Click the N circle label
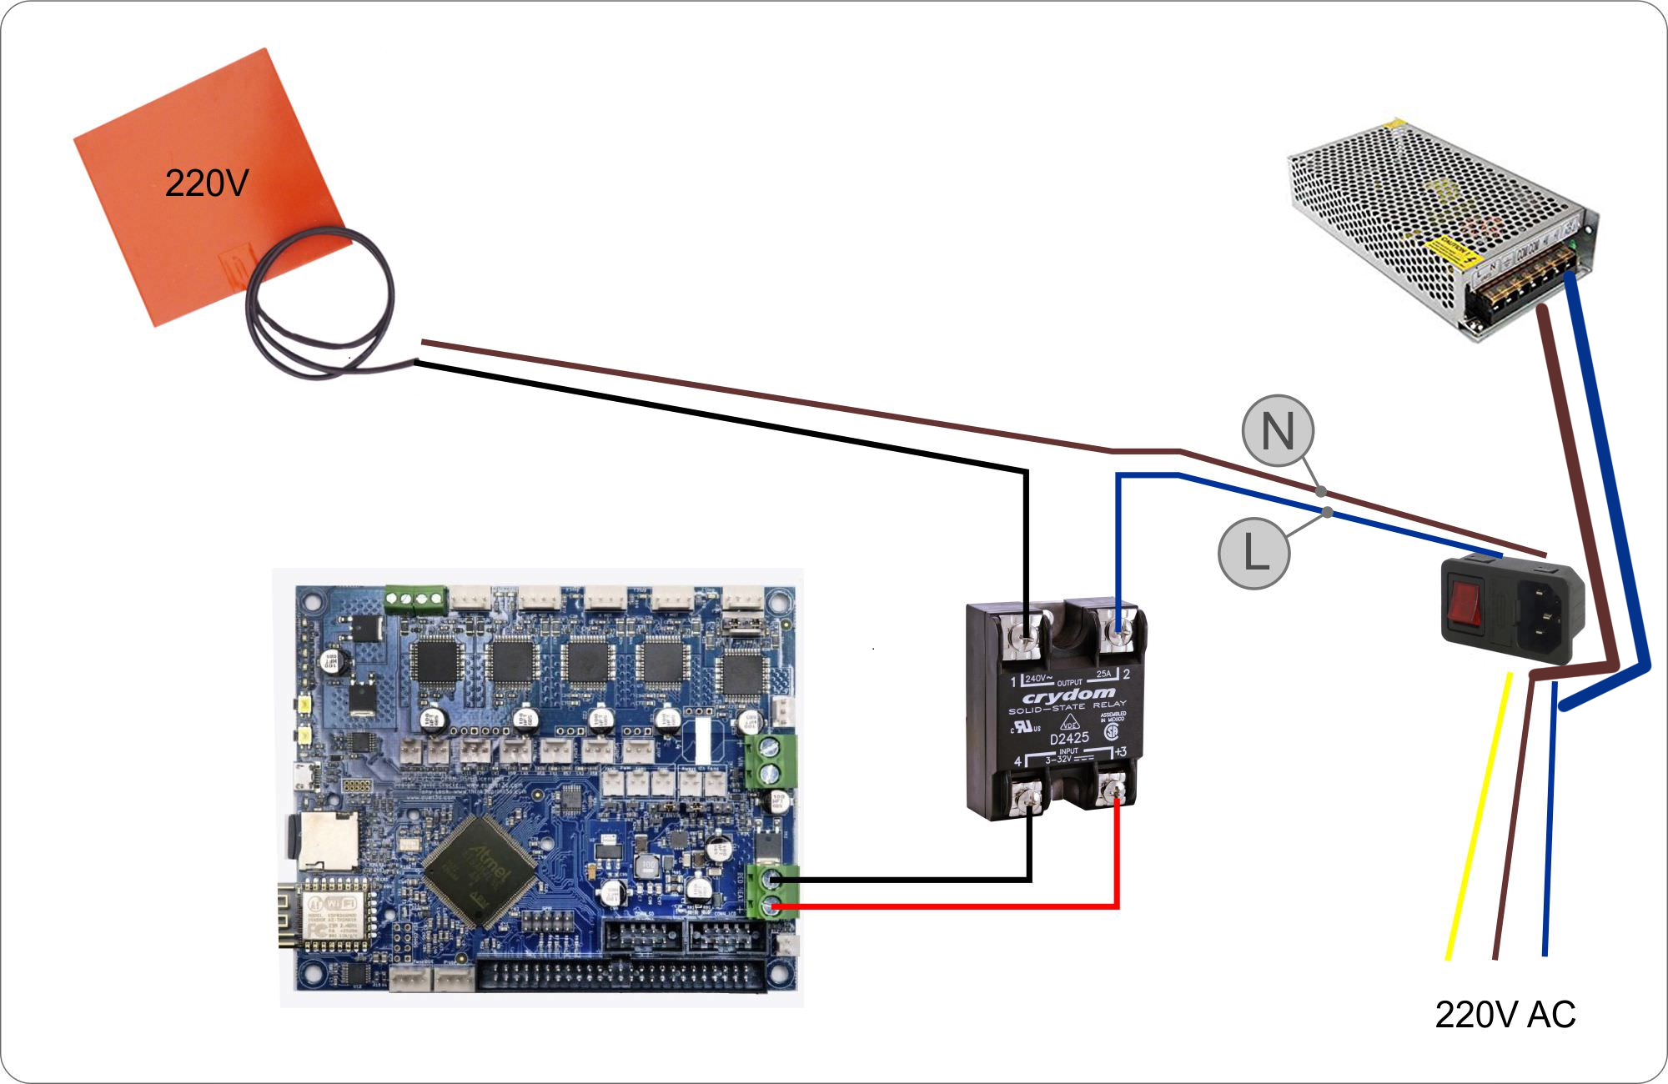(1278, 431)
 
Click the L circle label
(1254, 553)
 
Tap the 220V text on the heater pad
(206, 183)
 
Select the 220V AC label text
(1505, 1015)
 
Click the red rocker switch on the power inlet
(1466, 604)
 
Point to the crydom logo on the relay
(1068, 695)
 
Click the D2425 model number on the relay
(1068, 738)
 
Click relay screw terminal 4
(1031, 800)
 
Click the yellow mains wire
(1478, 817)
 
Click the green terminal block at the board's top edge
(415, 598)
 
